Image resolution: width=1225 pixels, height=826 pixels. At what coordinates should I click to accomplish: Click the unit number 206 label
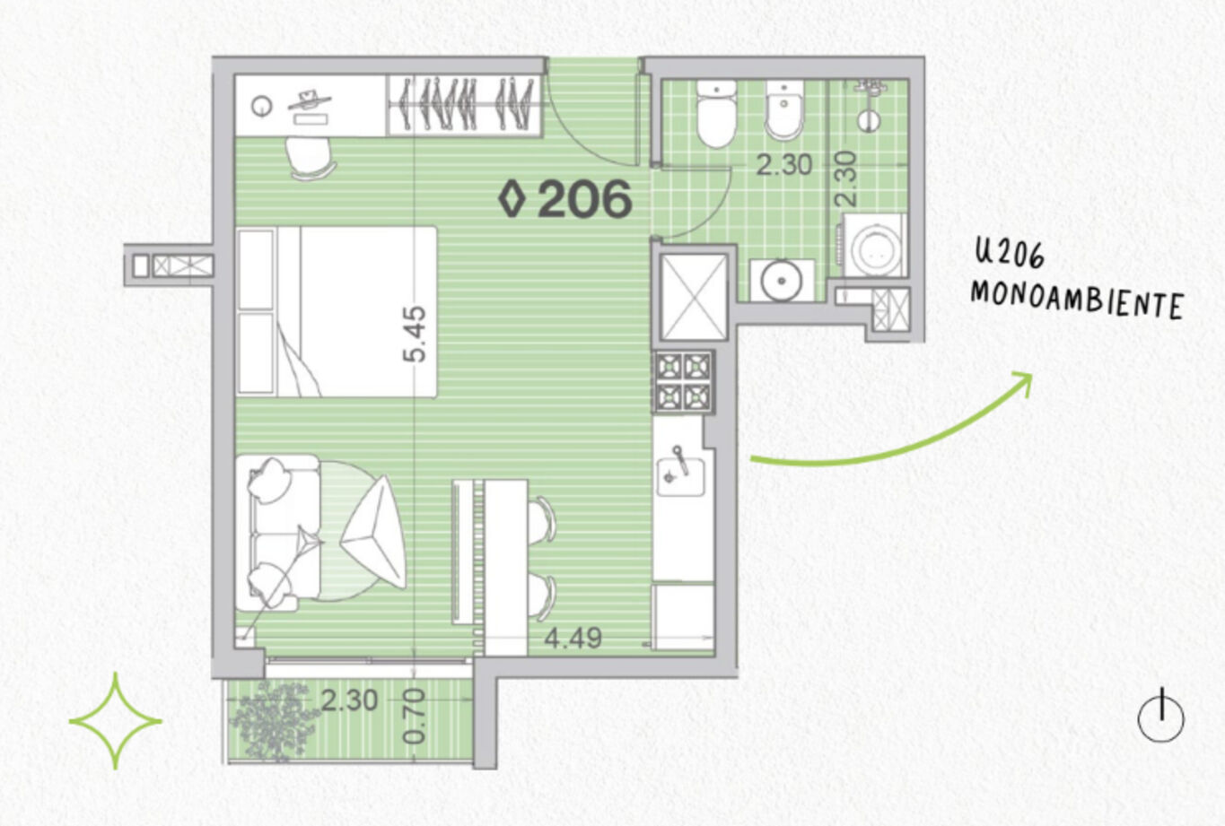[x=584, y=199]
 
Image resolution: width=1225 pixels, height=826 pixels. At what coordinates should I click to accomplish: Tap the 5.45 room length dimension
[x=414, y=334]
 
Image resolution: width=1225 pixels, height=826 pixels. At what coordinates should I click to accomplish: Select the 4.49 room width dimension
[x=573, y=638]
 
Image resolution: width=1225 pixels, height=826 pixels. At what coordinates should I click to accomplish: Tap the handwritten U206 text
[x=1010, y=255]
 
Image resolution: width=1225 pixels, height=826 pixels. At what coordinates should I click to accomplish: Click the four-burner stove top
[x=684, y=381]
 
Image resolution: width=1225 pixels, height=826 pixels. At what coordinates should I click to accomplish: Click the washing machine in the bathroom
[x=873, y=246]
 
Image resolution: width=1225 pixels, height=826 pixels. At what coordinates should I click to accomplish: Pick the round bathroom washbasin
[x=782, y=281]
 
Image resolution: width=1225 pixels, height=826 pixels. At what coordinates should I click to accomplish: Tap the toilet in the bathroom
[x=716, y=114]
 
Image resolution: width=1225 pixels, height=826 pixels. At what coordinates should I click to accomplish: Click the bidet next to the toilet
[x=783, y=110]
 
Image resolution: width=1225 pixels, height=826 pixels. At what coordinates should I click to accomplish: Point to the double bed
[x=337, y=311]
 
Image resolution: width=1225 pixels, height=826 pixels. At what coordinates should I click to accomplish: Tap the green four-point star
[x=116, y=722]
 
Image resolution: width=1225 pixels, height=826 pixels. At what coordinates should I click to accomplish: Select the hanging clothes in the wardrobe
[x=466, y=104]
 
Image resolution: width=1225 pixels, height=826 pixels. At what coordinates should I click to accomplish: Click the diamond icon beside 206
[x=512, y=198]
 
